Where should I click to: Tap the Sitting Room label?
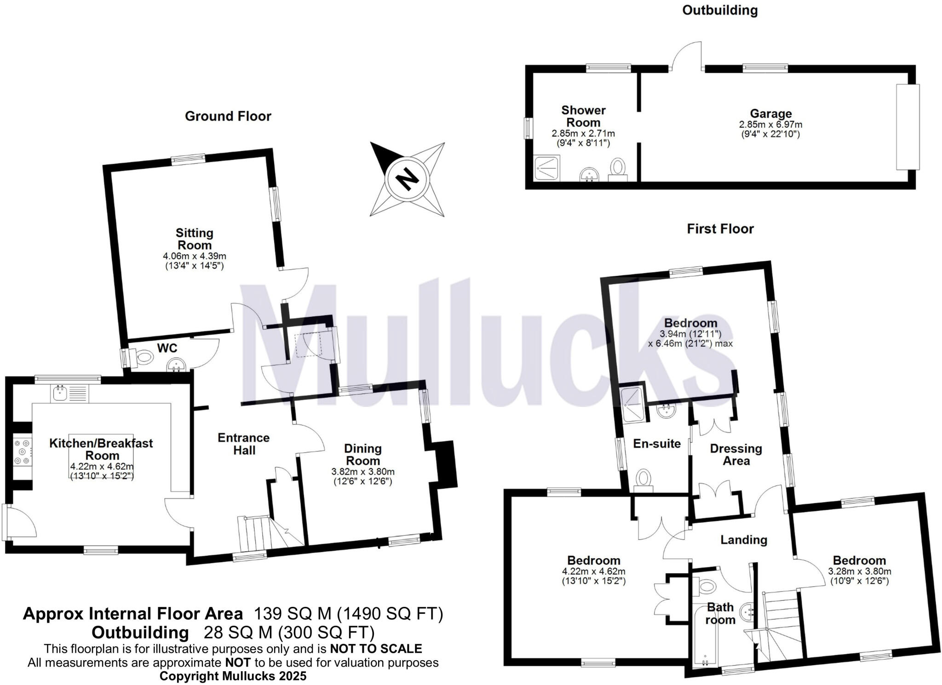[x=195, y=239]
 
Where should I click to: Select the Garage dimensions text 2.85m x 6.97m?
[x=770, y=125]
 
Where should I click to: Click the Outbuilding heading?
[x=720, y=10]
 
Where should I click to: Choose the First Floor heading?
[x=720, y=228]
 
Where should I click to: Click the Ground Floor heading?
[x=228, y=116]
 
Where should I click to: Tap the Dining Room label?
[x=363, y=454]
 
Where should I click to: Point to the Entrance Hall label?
[x=244, y=444]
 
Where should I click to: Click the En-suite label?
[x=657, y=444]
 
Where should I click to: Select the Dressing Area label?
[x=736, y=454]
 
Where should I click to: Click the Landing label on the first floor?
[x=744, y=540]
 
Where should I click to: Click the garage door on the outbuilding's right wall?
[x=908, y=127]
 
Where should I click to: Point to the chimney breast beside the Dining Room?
[x=446, y=463]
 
